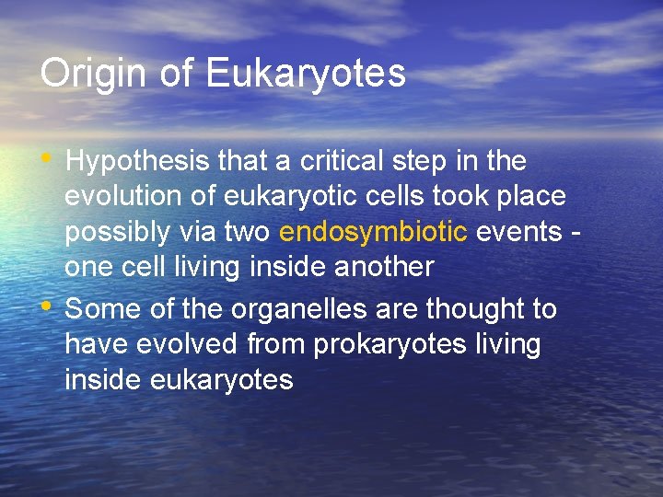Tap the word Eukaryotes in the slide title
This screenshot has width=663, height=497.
pyautogui.click(x=307, y=74)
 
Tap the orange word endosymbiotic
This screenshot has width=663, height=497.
pyautogui.click(x=373, y=232)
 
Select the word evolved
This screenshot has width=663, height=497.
pyautogui.click(x=188, y=344)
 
